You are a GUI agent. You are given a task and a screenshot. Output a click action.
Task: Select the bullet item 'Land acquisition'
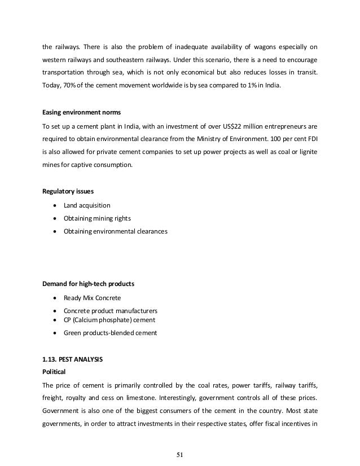click(87, 205)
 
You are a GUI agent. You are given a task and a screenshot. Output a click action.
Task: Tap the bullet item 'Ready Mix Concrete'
click(92, 297)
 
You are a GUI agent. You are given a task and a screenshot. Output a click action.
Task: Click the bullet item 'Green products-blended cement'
click(110, 333)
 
